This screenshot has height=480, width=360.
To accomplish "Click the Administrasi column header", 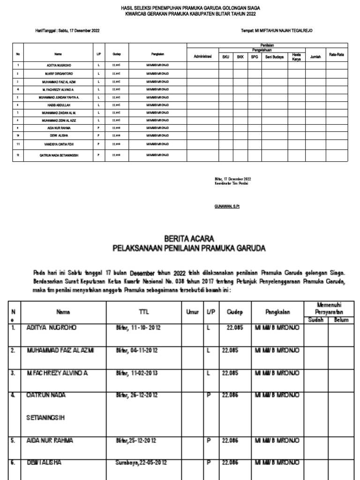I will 203,56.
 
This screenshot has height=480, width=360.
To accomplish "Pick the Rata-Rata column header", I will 337,55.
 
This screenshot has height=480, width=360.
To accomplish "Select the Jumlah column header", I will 315,56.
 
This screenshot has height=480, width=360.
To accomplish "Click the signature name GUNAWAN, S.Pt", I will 227,206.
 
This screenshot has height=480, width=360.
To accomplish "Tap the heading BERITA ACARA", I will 189,239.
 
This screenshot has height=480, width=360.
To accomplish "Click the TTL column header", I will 143,311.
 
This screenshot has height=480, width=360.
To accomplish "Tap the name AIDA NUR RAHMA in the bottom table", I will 50,441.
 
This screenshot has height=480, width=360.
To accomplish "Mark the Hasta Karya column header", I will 296,57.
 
